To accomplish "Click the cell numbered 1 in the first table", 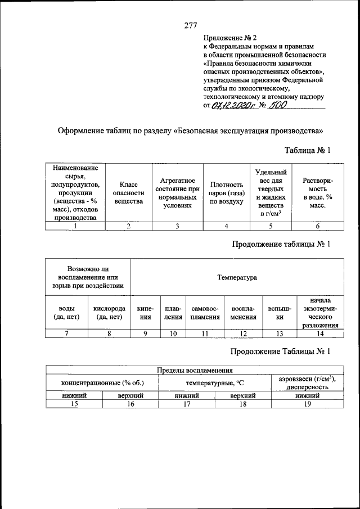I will [75, 226].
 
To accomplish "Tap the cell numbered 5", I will [270, 226].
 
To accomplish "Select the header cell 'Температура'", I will [237, 278].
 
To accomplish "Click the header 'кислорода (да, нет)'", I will [109, 313].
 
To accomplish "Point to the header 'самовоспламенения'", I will [205, 313].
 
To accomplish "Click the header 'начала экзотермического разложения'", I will [319, 313].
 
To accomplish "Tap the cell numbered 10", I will [173, 334].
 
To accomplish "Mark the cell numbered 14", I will [319, 334].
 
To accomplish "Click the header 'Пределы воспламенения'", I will [194, 370].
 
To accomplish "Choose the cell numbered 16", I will [130, 404].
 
